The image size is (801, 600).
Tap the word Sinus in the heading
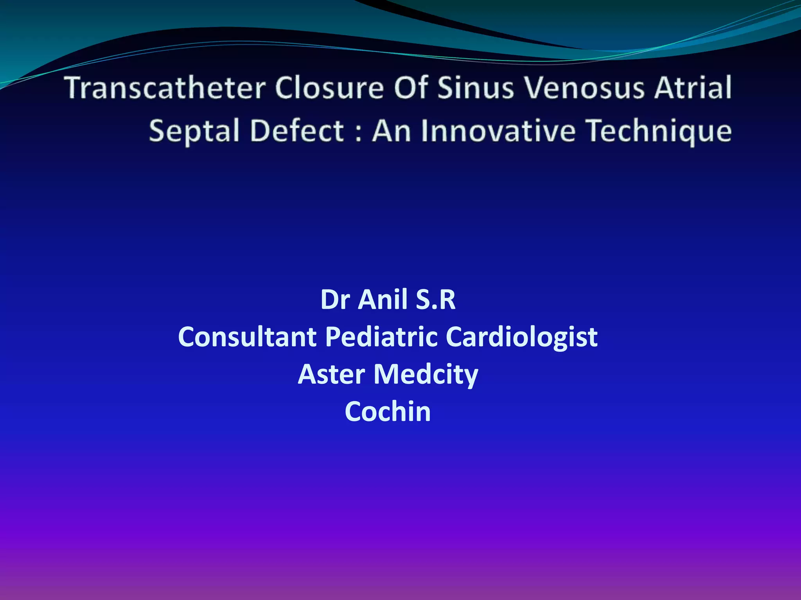click(475, 87)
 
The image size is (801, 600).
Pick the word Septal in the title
click(194, 131)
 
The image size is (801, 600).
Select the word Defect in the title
click(297, 131)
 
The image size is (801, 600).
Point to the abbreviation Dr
click(335, 300)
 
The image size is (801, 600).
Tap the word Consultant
click(247, 337)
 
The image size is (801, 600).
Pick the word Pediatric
click(381, 337)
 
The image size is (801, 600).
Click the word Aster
click(332, 374)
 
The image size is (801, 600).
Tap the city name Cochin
click(388, 412)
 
